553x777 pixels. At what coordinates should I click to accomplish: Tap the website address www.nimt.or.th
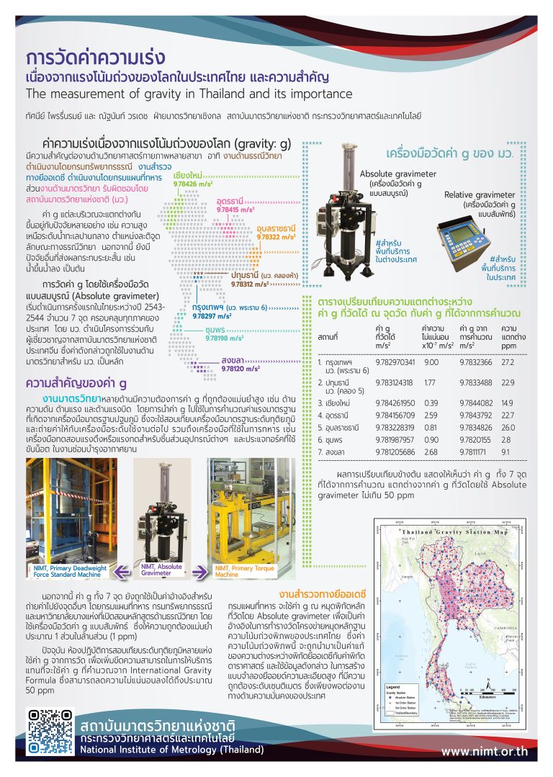tap(484, 751)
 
